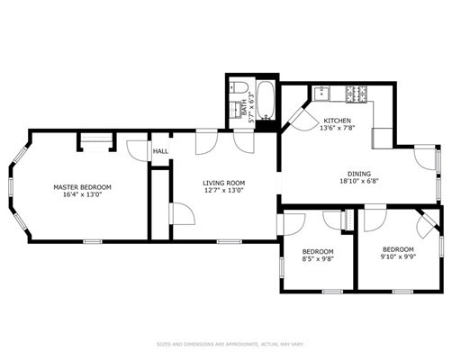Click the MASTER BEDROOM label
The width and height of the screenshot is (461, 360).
pos(81,186)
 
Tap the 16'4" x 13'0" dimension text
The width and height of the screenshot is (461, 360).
pos(81,195)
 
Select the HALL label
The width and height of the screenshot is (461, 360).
pos(159,151)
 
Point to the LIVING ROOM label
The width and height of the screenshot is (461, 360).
pos(222,182)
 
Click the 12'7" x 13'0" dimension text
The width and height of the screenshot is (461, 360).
pos(222,191)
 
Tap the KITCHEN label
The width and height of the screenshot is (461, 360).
pos(338,121)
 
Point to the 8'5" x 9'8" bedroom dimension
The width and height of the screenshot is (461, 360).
pos(318,259)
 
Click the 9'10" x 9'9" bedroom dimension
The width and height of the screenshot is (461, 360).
pos(398,256)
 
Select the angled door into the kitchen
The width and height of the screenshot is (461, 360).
pos(294,117)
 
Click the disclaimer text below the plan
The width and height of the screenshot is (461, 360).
pos(230,343)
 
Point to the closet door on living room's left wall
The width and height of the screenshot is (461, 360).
pos(180,213)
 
